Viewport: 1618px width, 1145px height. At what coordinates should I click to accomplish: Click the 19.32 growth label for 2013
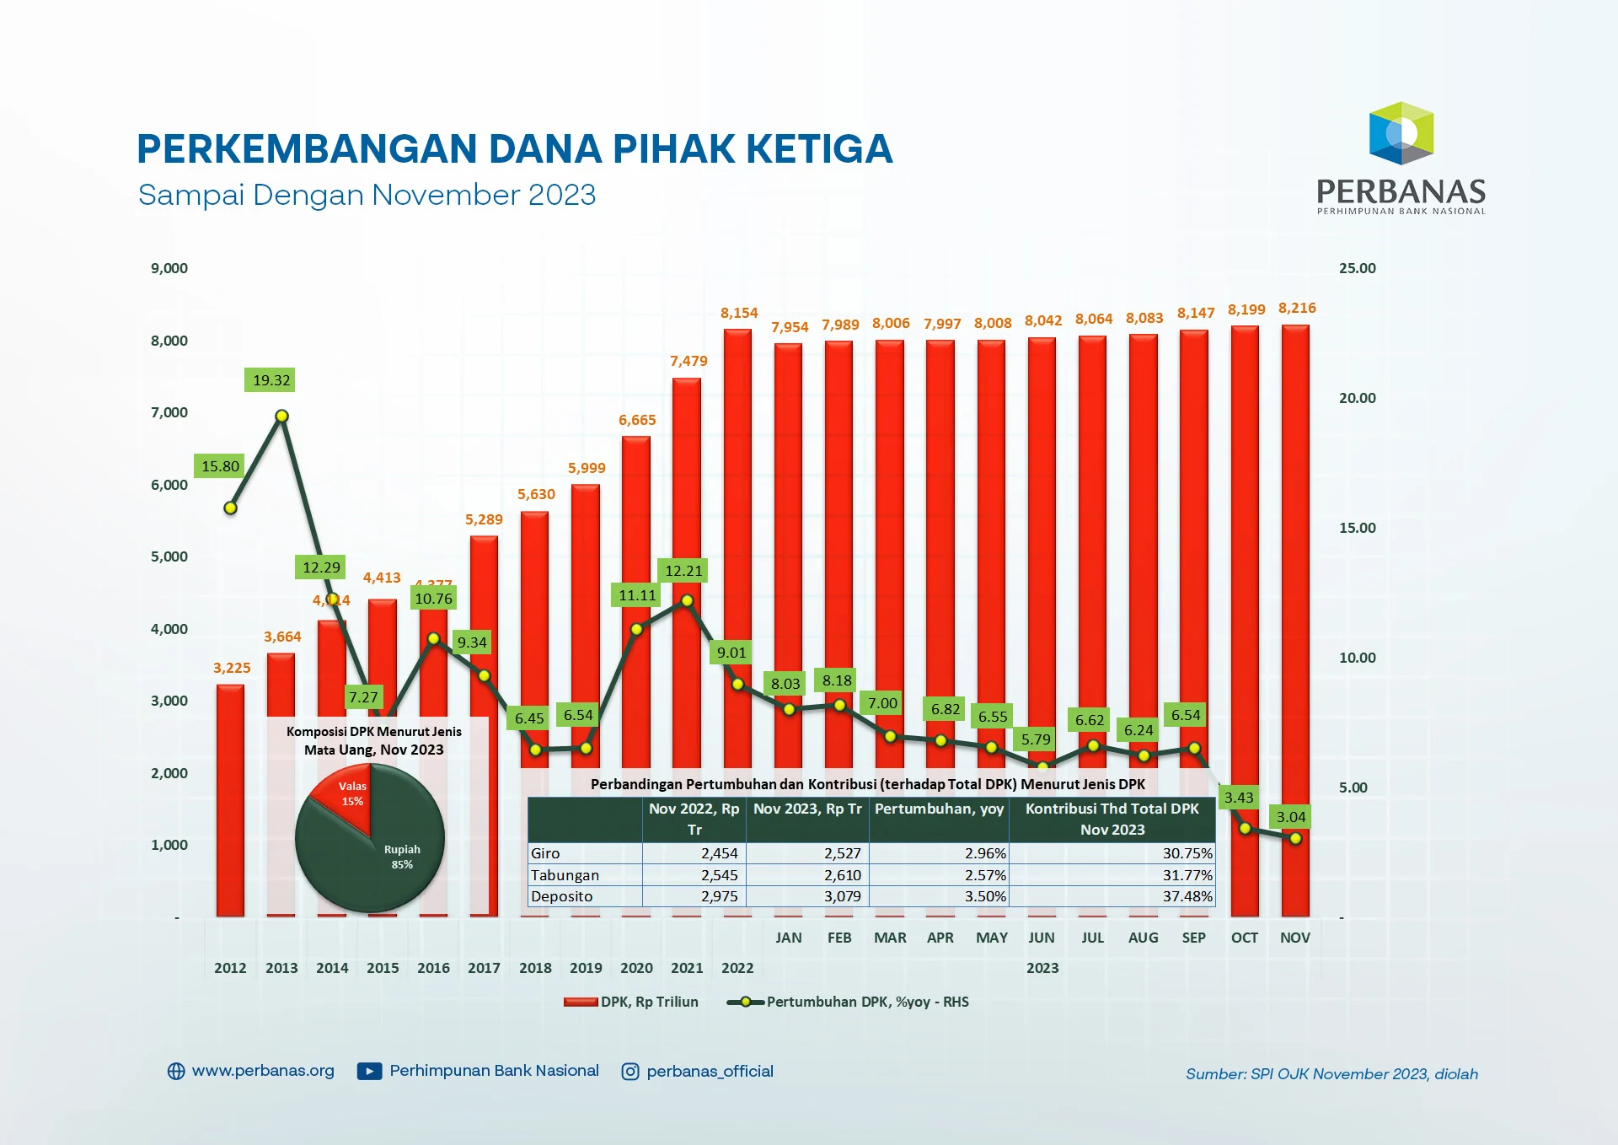(x=271, y=380)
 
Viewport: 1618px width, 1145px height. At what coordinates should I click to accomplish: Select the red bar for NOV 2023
(x=1295, y=590)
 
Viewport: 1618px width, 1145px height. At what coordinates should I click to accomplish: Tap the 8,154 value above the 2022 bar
(x=739, y=313)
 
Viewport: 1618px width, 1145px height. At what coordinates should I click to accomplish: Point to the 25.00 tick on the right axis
(x=1357, y=268)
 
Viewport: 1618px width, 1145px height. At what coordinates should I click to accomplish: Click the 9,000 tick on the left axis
(x=169, y=268)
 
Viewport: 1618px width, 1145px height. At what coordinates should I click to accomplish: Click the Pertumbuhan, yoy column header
(x=939, y=809)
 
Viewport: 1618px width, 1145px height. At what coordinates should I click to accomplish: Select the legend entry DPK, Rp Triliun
(x=632, y=1002)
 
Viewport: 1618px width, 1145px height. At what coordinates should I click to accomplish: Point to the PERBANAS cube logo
(x=1401, y=133)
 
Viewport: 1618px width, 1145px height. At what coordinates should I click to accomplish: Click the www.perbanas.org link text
(x=263, y=1071)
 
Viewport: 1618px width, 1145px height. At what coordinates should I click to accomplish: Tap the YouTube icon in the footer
(x=369, y=1072)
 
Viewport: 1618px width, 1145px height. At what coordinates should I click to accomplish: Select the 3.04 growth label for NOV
(x=1290, y=816)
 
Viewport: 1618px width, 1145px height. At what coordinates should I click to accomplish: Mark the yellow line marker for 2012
(x=230, y=508)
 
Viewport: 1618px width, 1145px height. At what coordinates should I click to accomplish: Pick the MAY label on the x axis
(x=991, y=938)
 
